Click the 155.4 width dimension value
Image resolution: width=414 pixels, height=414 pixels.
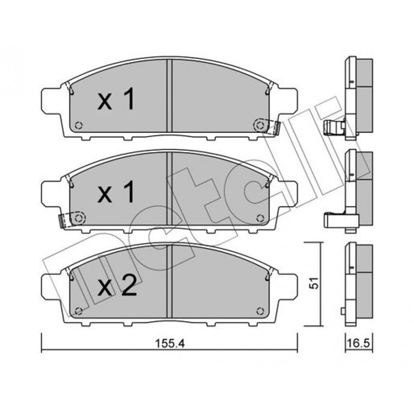tap(170, 344)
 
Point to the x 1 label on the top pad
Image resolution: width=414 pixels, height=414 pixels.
tap(116, 99)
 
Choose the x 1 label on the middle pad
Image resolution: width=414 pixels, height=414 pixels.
tap(116, 192)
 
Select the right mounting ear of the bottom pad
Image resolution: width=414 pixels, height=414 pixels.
tap(288, 288)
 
